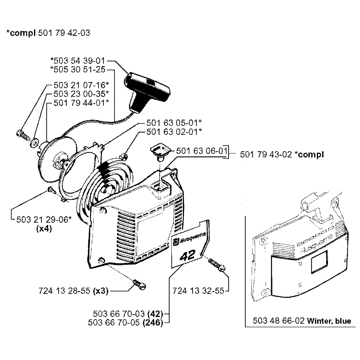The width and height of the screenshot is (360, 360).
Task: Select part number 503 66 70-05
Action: pos(115,323)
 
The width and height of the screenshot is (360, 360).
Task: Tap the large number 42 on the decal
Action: pos(187,256)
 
